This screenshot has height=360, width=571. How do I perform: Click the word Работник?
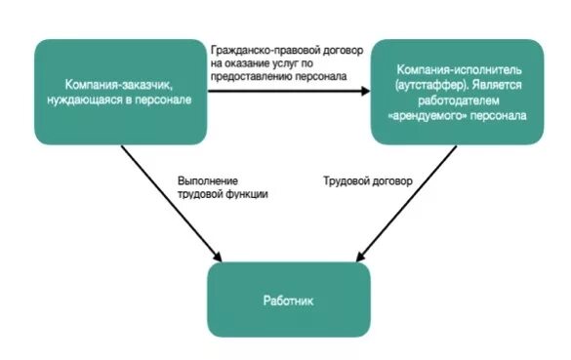coord(289,300)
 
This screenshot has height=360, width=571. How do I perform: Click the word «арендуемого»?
coord(422,115)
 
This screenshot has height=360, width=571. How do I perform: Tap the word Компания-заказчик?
coord(113,85)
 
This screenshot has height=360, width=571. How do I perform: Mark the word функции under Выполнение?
coord(244,194)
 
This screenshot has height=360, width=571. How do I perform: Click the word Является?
coord(501,87)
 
